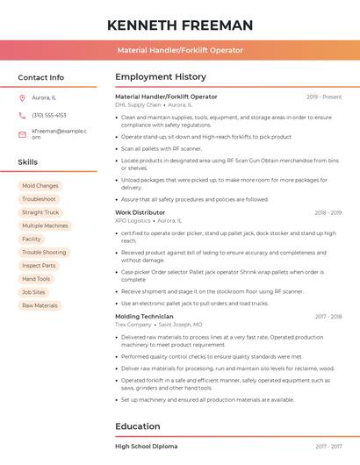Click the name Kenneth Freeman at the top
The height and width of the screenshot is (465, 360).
(179, 25)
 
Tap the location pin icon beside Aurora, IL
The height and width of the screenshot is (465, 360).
(22, 97)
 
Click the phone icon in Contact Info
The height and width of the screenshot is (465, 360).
(22, 115)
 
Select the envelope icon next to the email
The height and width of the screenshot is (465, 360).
(22, 134)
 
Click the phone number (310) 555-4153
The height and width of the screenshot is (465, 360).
(48, 115)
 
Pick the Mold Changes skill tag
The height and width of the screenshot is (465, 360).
(40, 186)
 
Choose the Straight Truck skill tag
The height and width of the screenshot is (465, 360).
(40, 212)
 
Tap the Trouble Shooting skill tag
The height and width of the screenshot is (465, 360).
(44, 253)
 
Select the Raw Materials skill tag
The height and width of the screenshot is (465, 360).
(40, 305)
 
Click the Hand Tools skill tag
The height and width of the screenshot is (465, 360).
(36, 279)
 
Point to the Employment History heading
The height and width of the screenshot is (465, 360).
(161, 76)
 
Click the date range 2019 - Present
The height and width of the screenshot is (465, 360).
(324, 97)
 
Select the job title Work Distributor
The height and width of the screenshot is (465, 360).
(140, 212)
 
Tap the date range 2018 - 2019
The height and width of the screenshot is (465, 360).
(328, 212)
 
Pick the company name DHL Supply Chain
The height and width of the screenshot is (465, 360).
(138, 104)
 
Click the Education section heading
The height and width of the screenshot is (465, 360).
(139, 426)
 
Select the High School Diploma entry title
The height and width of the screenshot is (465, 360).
(146, 447)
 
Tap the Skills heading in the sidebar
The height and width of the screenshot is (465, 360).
(28, 162)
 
